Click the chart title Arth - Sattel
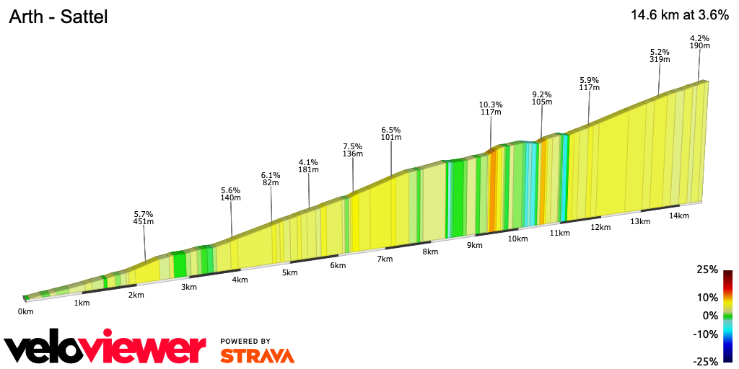(58, 17)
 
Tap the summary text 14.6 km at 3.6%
(680, 14)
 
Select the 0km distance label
(26, 311)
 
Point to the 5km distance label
(290, 272)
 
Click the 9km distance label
(474, 246)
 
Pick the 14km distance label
(678, 215)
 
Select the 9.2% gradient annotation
(542, 94)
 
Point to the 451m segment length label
(144, 222)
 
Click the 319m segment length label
(660, 60)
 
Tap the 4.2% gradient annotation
(699, 38)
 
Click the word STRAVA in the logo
(257, 355)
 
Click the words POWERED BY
(245, 341)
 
